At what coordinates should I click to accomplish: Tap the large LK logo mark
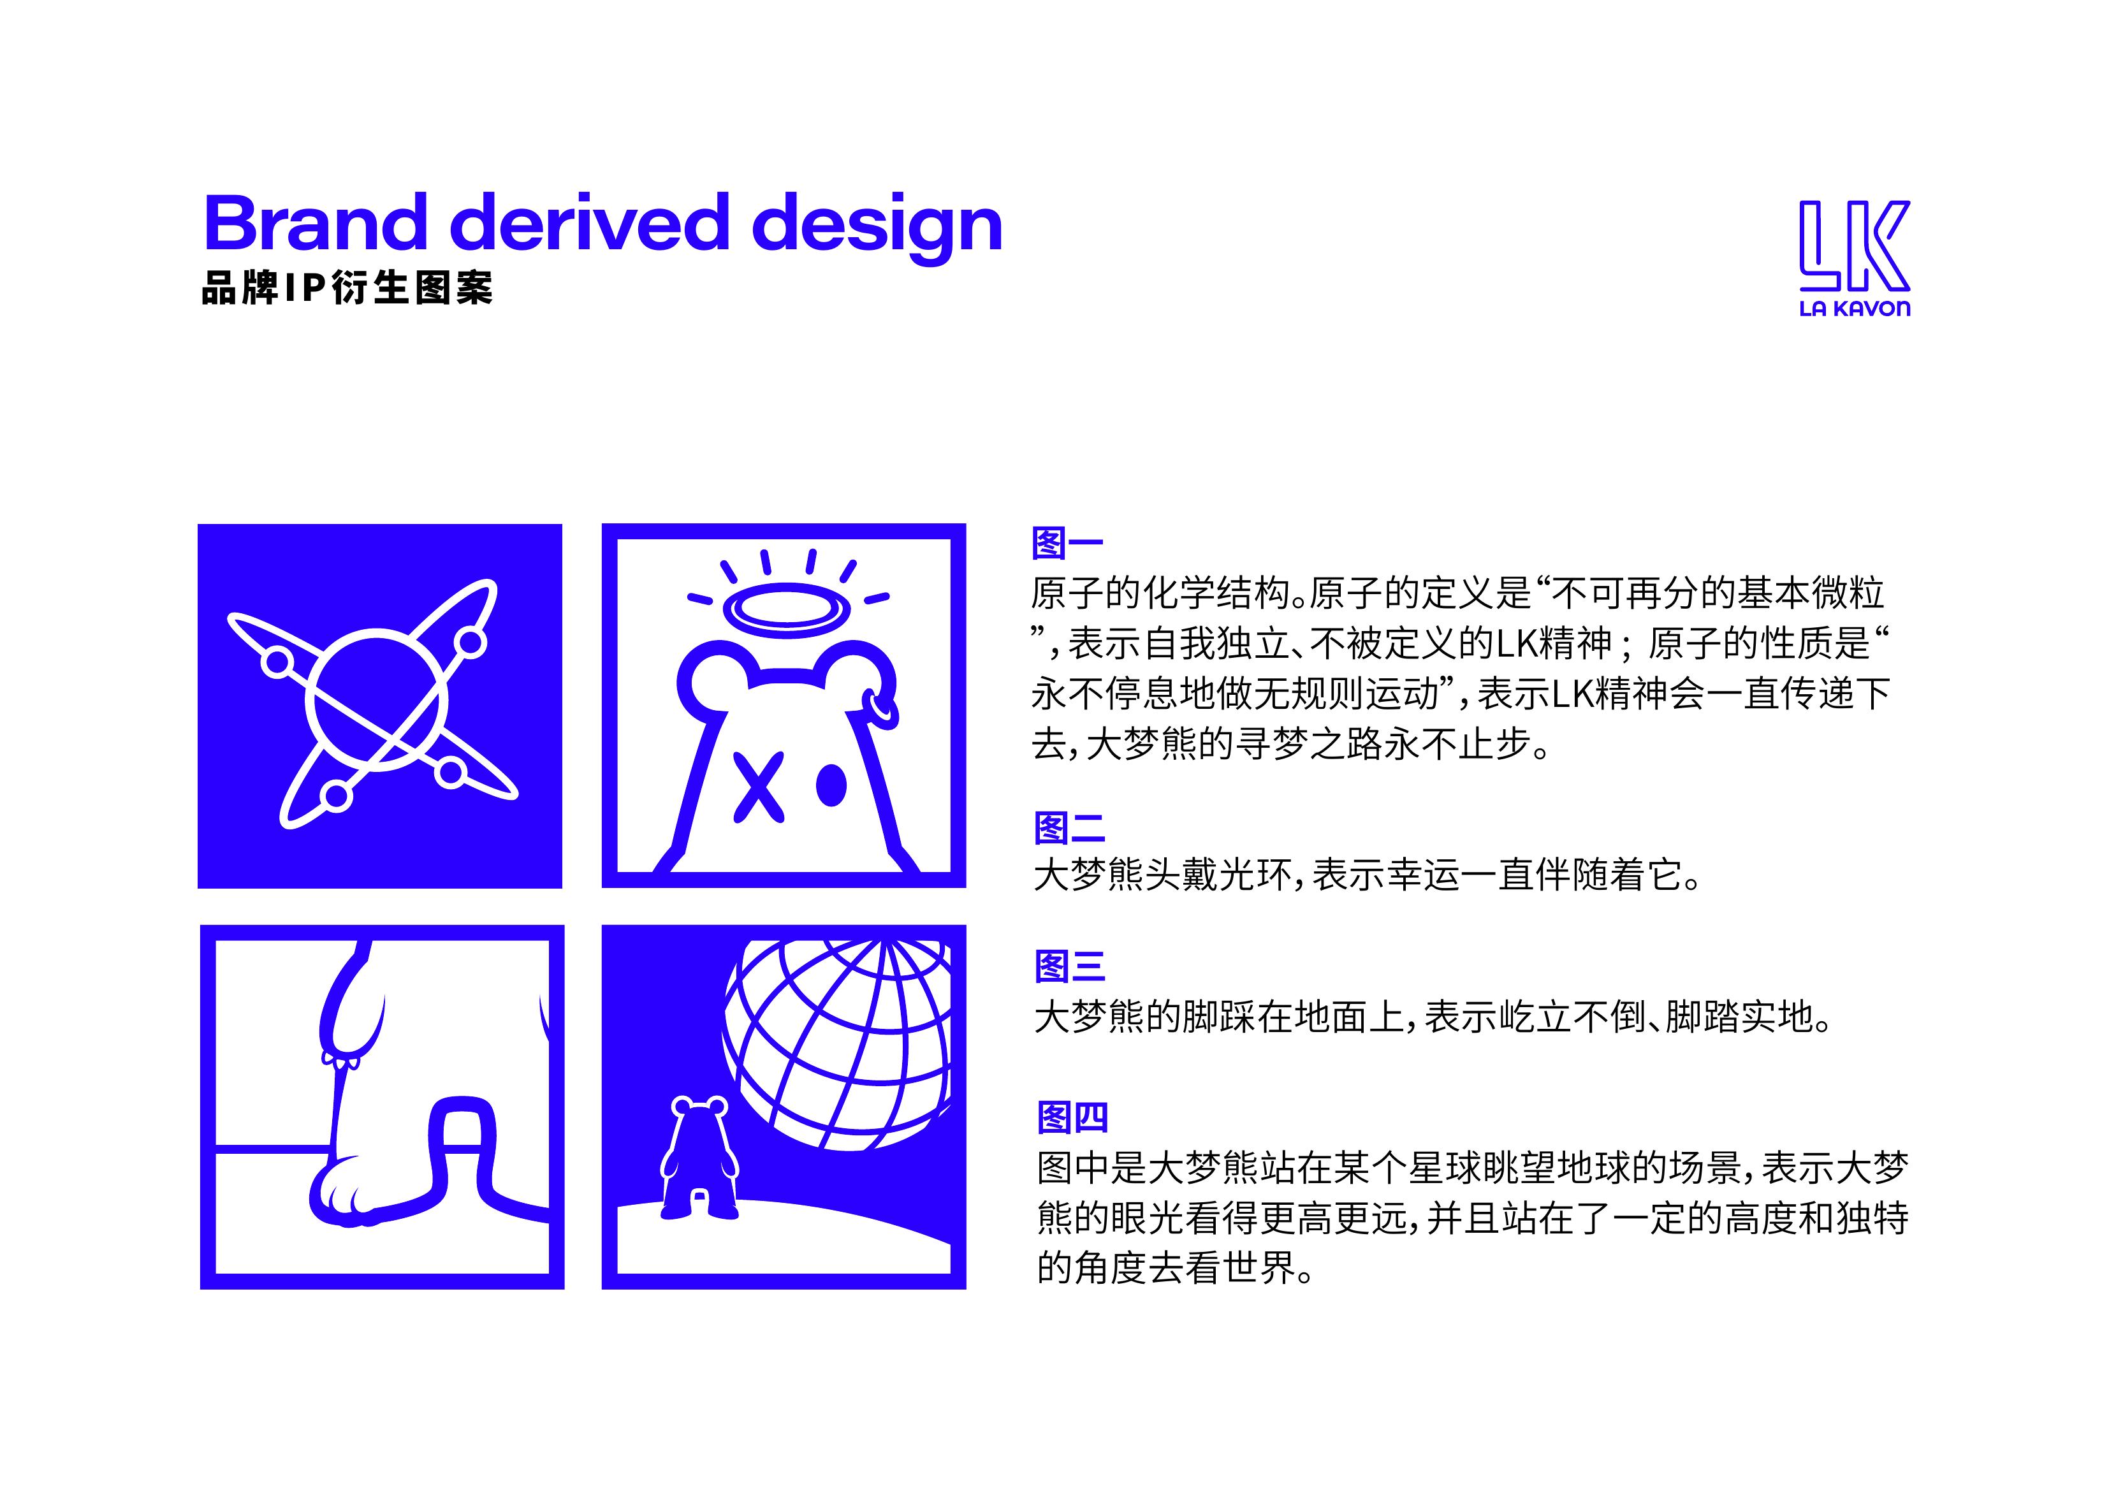click(1853, 245)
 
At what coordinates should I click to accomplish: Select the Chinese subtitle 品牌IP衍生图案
click(347, 287)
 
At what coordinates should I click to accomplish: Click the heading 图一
click(1067, 543)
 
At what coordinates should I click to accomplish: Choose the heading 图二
click(1069, 827)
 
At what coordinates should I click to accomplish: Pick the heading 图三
click(1070, 966)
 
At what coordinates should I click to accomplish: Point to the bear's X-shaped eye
click(758, 787)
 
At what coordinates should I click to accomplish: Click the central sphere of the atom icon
click(377, 700)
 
